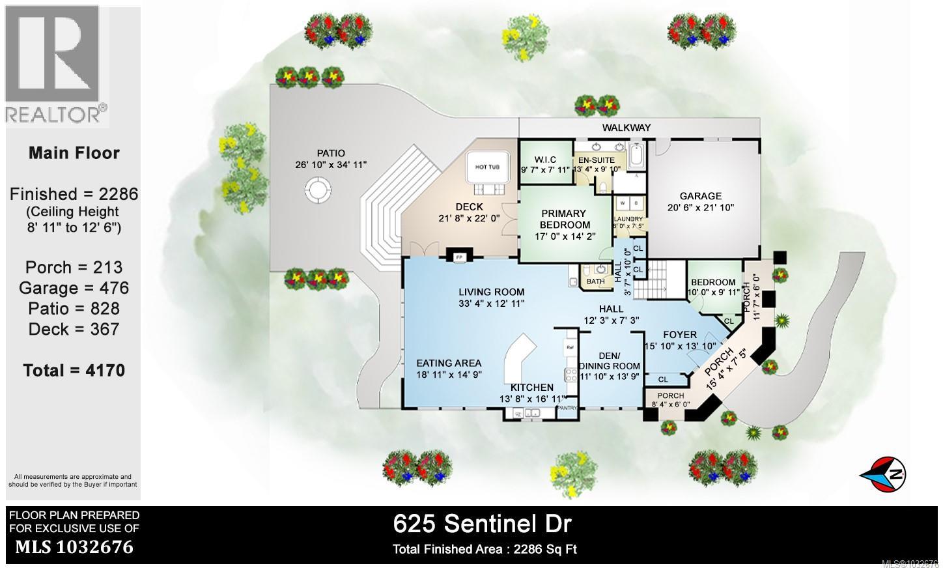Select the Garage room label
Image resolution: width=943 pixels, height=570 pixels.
coord(701,195)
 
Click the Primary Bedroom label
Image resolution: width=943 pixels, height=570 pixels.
coord(563,219)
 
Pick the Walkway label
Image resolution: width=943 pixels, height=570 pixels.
coord(626,128)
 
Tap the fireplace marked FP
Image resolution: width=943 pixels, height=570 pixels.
coord(458,257)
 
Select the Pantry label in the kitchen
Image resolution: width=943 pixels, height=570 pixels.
coord(567,408)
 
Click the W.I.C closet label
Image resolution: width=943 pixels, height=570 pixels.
coord(544,160)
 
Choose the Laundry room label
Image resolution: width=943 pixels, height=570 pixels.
coord(628,219)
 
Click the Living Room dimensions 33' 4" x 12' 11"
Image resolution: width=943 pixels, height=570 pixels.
coord(491,303)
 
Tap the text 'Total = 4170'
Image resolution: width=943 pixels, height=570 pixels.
coord(74,370)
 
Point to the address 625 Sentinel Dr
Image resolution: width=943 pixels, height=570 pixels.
coord(483,522)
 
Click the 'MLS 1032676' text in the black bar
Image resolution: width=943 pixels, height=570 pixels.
coord(74,547)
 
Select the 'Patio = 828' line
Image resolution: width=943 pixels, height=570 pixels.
coord(74,308)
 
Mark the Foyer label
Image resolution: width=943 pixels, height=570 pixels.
coord(679,335)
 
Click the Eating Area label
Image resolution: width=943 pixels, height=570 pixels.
coord(449,363)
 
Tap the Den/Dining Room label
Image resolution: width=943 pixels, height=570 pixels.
coord(606,360)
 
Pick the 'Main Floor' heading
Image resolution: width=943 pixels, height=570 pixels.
coord(74,153)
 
